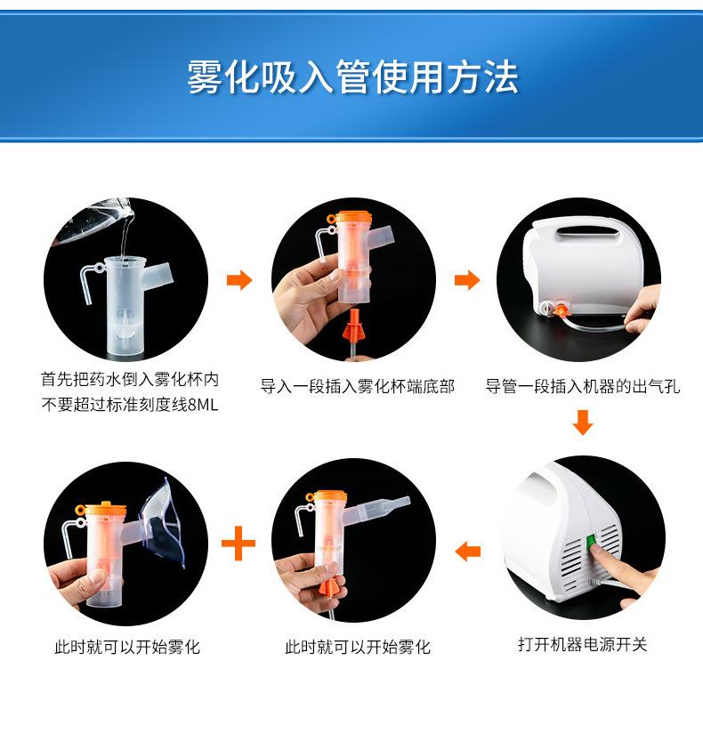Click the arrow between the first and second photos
coord(238,281)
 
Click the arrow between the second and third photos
coord(466,281)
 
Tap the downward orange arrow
coord(582,422)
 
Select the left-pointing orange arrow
coord(467,552)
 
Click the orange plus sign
coord(238,543)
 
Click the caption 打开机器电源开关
coord(582,644)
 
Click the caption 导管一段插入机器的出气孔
coord(582,386)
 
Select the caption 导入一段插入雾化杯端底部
coord(357,386)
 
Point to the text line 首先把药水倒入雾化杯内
coord(130,380)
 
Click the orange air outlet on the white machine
coord(563,310)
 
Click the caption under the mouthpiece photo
coord(357,647)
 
